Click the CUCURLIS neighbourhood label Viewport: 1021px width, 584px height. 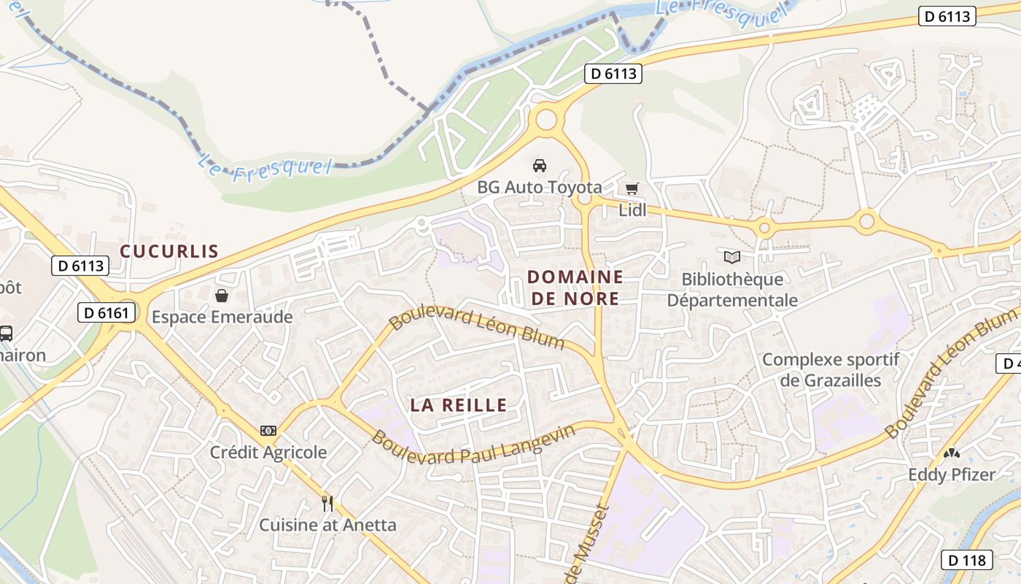click(x=169, y=251)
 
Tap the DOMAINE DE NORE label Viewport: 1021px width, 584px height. click(x=575, y=288)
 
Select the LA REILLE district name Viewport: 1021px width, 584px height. click(x=458, y=405)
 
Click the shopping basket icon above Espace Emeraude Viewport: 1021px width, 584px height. click(x=222, y=296)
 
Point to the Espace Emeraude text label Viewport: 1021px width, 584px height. click(x=222, y=317)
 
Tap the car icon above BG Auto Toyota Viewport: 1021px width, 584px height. click(x=540, y=166)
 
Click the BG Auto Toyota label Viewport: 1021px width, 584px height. click(x=540, y=187)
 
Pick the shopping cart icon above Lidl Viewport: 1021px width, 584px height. click(x=632, y=189)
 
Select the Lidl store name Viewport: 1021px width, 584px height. click(x=632, y=210)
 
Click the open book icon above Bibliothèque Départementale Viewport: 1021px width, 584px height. click(x=732, y=257)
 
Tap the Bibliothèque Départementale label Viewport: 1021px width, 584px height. click(x=732, y=289)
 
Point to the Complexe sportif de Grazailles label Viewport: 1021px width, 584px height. click(x=831, y=369)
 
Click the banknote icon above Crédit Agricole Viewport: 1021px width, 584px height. click(x=268, y=431)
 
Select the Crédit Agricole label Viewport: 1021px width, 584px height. click(x=268, y=452)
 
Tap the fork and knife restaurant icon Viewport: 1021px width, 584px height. click(x=327, y=503)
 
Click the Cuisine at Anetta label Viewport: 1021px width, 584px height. click(x=328, y=524)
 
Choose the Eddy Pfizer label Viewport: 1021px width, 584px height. click(x=951, y=474)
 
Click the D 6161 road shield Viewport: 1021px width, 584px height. click(x=106, y=313)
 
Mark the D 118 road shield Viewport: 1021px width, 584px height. click(x=967, y=560)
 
